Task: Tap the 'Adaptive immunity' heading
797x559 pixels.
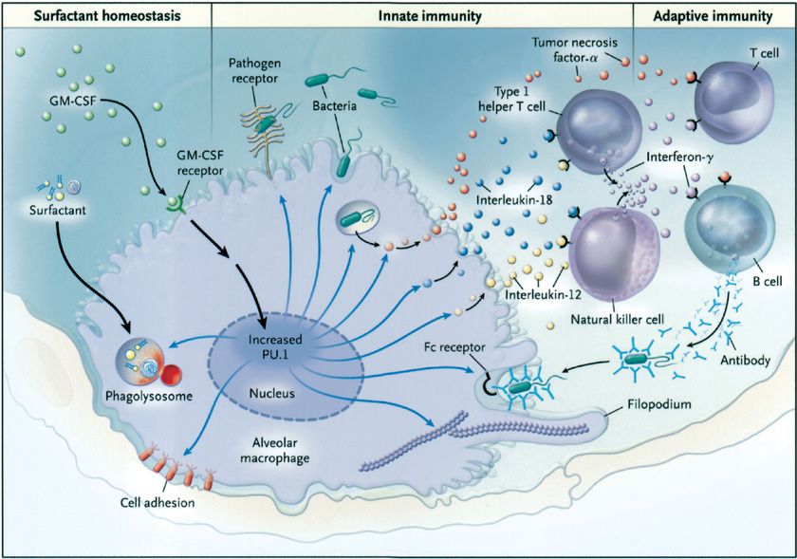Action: (x=713, y=13)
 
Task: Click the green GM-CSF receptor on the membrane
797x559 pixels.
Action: (x=173, y=201)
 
